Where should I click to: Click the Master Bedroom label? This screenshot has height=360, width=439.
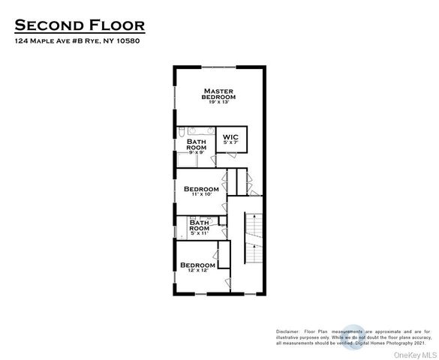219,94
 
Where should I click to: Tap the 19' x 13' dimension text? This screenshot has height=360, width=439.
219,102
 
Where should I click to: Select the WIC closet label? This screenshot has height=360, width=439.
230,137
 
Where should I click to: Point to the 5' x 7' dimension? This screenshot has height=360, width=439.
230,142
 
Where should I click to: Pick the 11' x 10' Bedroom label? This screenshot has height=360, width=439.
201,189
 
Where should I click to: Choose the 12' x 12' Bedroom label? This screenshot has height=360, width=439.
198,265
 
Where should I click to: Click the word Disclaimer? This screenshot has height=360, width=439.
287,331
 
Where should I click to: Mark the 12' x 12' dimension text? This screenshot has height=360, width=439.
198,271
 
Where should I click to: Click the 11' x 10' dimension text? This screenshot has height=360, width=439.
201,194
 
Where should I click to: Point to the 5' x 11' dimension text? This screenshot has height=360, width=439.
199,234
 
